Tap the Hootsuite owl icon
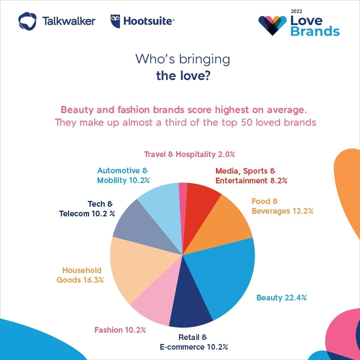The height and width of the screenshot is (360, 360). [x=115, y=21]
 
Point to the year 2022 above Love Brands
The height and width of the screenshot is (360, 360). [x=296, y=11]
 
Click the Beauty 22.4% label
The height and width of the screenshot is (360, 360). [x=281, y=298]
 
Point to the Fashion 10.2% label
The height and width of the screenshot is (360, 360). [x=120, y=330]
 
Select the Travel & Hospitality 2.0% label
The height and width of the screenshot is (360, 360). [x=190, y=154]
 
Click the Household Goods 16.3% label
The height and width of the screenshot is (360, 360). [x=80, y=275]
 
